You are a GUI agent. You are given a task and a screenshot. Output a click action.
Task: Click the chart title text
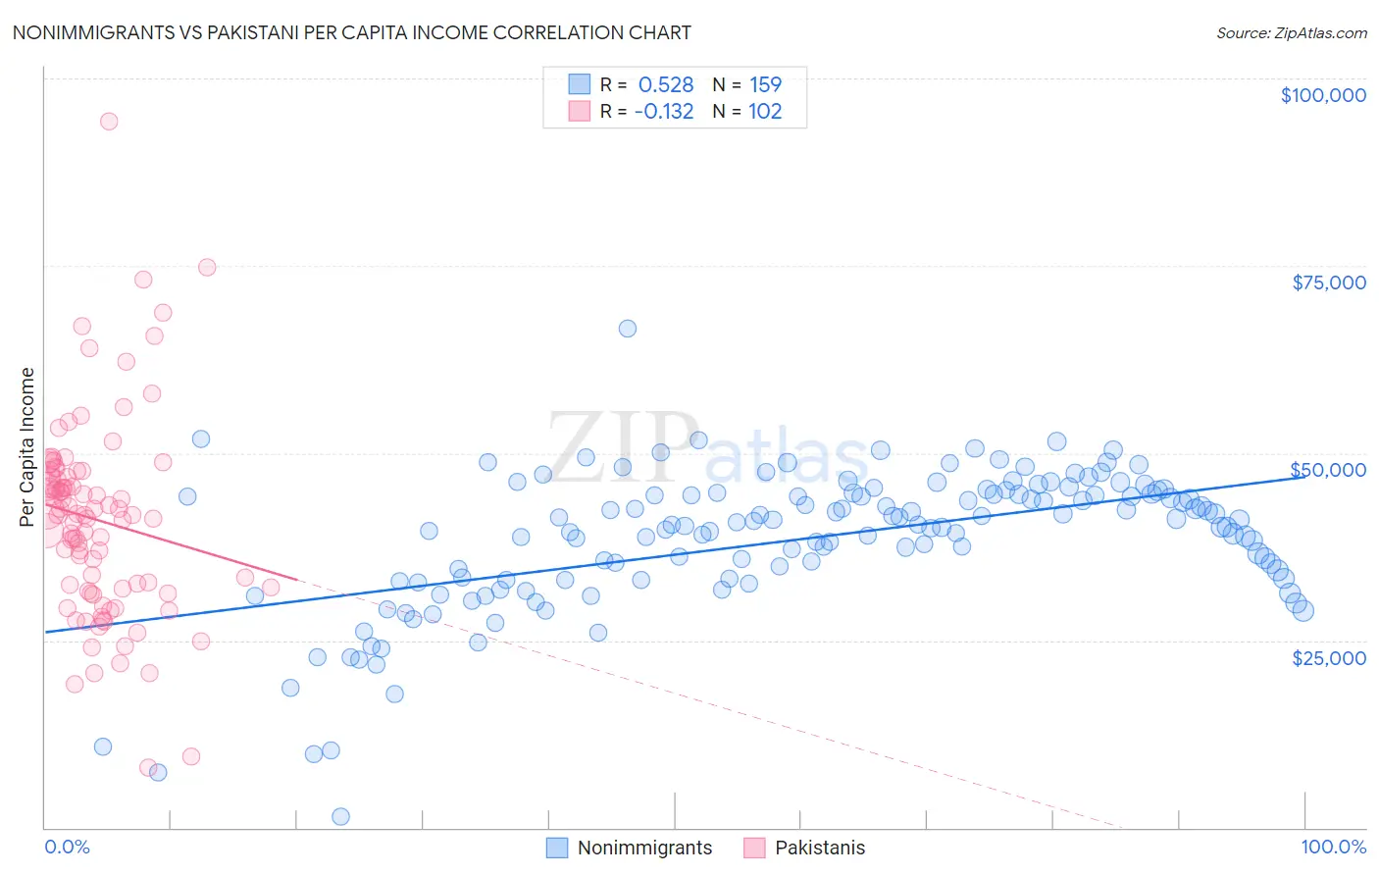[352, 32]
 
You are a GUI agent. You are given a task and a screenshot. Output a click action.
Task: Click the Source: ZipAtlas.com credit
[1291, 33]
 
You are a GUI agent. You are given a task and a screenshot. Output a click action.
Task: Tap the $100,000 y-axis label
[1323, 95]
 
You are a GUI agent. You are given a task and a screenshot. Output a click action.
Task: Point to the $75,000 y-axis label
[1329, 283]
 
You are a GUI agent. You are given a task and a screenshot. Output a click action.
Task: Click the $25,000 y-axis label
[1329, 658]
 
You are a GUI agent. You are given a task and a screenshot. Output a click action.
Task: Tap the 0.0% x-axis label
[67, 847]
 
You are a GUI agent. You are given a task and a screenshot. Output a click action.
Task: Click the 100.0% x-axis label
[1333, 847]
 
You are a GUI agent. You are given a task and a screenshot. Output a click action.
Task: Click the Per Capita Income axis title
[27, 446]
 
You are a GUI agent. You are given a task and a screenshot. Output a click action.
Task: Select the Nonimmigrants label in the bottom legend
[644, 848]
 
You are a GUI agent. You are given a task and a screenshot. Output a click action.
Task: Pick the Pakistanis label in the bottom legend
[820, 848]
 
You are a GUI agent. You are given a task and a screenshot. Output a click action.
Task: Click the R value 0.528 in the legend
[666, 84]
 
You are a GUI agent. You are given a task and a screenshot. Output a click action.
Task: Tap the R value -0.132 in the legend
[664, 111]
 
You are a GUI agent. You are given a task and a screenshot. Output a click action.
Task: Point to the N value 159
[765, 84]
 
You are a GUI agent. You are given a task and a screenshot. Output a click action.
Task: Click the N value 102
[765, 111]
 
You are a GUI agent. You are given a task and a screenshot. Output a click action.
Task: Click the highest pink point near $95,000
[109, 122]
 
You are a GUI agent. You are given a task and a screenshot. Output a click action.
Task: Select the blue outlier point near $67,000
[628, 329]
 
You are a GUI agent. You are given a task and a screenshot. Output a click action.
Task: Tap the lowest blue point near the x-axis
[341, 816]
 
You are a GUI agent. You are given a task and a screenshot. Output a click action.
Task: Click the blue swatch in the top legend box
[580, 84]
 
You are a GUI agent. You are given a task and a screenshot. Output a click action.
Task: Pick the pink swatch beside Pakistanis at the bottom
[754, 848]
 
